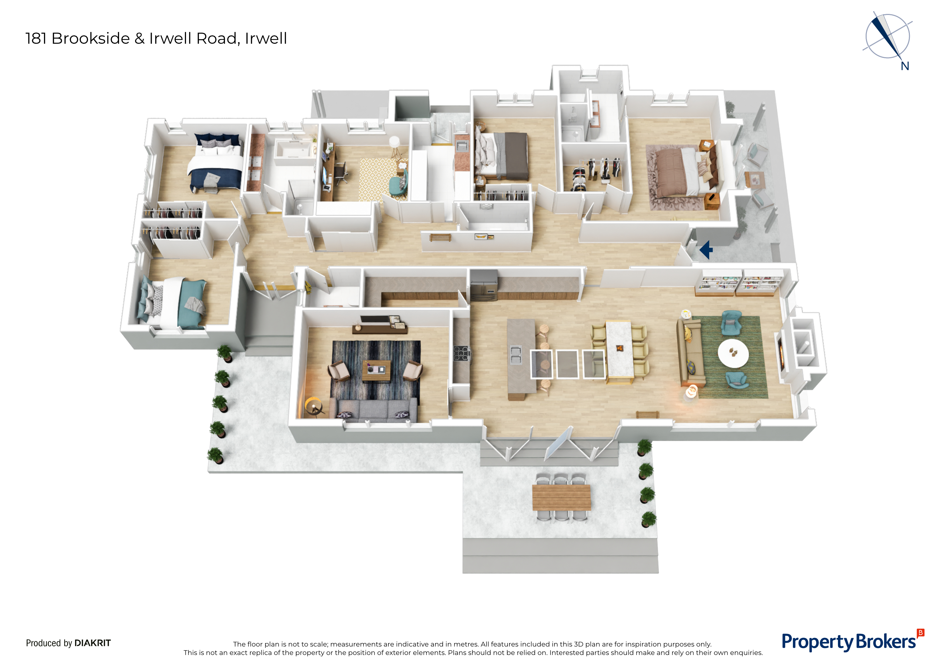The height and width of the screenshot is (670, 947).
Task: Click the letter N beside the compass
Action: (905, 66)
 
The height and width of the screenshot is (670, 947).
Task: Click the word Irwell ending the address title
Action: (266, 38)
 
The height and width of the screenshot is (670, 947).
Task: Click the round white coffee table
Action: (733, 353)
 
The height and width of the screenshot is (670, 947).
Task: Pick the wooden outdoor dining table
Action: (561, 497)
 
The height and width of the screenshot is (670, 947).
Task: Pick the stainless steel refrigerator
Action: (484, 285)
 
